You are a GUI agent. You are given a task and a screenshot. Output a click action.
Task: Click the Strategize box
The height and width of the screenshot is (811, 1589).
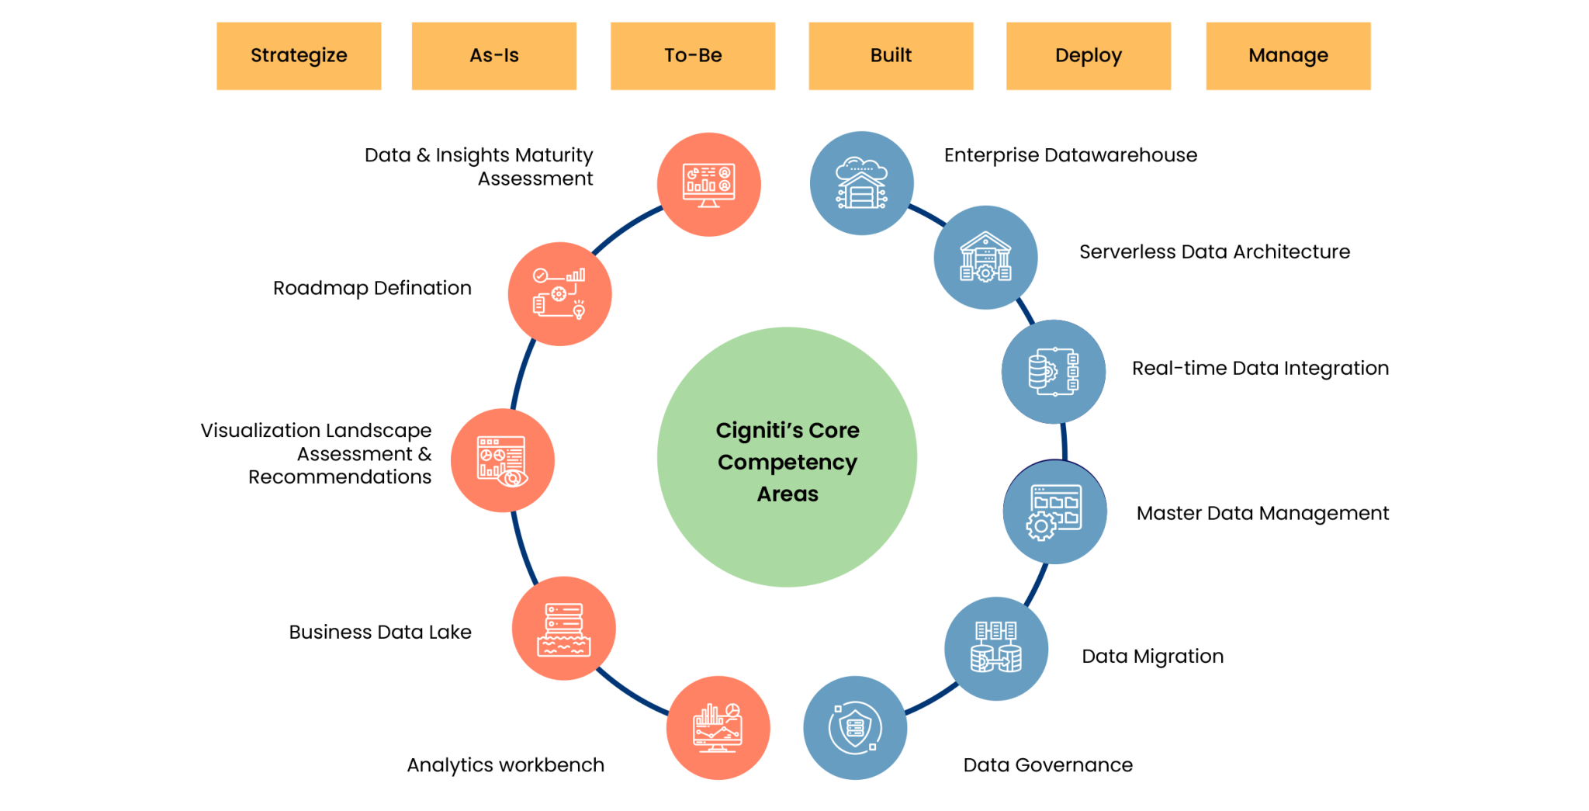[298, 56]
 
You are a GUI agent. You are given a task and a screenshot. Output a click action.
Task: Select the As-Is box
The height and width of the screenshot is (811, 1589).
[493, 56]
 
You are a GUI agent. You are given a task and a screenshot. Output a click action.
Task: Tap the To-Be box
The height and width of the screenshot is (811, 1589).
[692, 56]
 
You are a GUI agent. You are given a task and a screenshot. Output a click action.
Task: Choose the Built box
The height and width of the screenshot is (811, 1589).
[891, 56]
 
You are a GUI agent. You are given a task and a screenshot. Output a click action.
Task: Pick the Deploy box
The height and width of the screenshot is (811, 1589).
[1089, 56]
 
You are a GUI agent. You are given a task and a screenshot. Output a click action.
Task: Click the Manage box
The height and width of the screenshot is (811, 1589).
[1288, 56]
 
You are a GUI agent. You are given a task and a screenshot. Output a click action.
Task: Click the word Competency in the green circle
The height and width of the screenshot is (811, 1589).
[787, 463]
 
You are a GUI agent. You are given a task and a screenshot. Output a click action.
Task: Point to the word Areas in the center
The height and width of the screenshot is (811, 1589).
[787, 494]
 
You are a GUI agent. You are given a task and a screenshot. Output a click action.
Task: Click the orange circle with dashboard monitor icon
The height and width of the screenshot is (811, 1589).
[708, 185]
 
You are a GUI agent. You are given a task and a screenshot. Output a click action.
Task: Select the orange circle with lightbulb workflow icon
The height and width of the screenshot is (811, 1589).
[559, 294]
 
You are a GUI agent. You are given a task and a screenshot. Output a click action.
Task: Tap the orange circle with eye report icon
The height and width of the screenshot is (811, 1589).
[503, 460]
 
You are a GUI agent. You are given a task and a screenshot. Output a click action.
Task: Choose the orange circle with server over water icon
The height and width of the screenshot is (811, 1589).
[563, 629]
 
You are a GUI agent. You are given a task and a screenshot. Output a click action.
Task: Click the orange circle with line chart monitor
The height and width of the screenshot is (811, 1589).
[718, 728]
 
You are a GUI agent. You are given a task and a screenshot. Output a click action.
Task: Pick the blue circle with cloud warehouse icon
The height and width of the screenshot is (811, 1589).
[861, 183]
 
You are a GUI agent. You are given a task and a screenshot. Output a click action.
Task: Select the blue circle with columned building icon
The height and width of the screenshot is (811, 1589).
[985, 258]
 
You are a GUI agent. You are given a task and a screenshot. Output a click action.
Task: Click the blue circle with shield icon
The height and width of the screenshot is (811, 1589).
[855, 728]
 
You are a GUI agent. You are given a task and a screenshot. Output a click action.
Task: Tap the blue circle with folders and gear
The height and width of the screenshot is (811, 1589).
[1054, 512]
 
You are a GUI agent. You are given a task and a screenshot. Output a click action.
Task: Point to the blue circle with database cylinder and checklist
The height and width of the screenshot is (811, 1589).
[1053, 372]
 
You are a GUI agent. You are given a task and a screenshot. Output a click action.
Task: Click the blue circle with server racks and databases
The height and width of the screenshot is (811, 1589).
[996, 649]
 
